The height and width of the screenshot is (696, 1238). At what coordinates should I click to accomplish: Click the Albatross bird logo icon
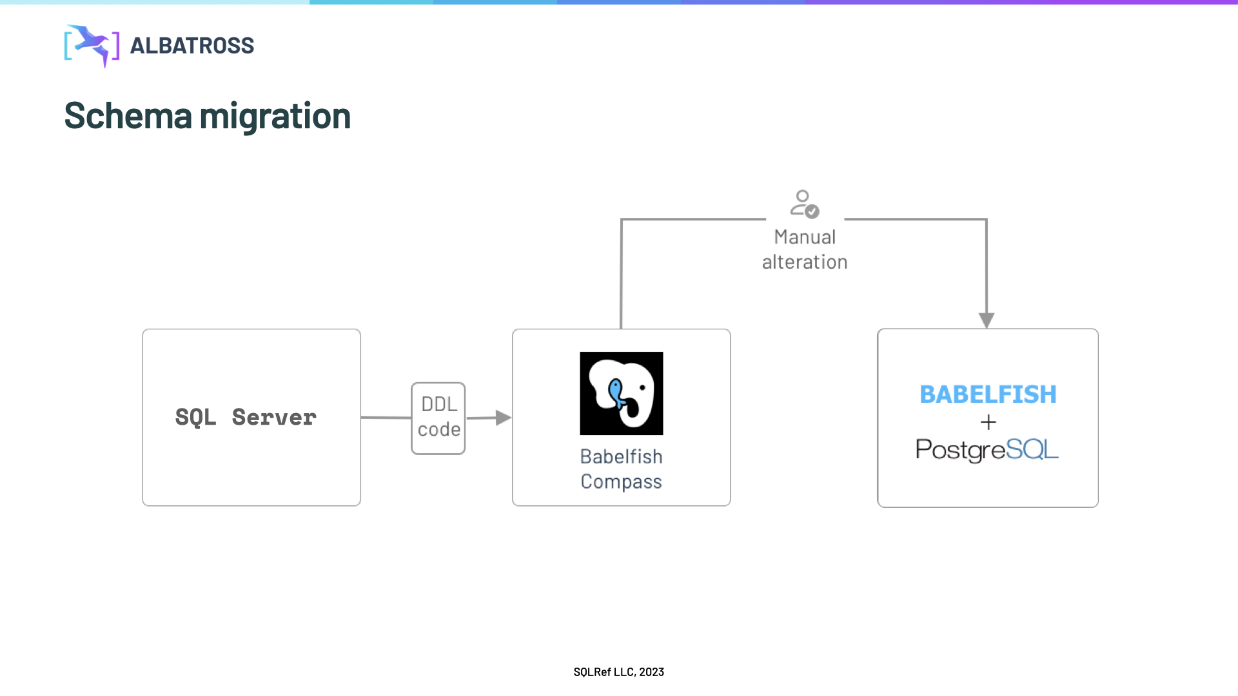coord(92,46)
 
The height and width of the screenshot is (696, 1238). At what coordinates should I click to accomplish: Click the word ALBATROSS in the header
coord(192,46)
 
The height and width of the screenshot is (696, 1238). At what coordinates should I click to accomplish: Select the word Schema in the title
coord(128,116)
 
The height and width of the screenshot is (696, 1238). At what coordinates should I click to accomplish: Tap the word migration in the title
coord(275,116)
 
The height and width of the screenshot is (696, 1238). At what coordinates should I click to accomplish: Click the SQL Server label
coord(246,418)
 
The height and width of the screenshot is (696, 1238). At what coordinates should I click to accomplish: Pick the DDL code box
coord(438,418)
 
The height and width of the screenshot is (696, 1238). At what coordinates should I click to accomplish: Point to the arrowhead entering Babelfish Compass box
coord(504,418)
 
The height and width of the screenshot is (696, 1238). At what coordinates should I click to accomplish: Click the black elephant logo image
coord(621,393)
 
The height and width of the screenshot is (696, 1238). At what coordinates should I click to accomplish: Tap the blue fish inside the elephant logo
coord(616,393)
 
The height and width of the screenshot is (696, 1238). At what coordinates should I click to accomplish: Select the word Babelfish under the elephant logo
coord(621,456)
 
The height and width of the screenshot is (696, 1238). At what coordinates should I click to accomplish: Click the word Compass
coord(621,481)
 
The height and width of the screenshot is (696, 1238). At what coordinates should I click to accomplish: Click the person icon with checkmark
coord(803,203)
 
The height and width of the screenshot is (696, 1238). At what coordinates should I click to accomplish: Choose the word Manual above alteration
coord(805,237)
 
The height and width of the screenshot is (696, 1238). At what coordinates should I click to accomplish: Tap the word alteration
coord(805,262)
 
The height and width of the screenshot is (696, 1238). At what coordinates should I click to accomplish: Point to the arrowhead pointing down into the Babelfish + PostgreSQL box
coord(987,320)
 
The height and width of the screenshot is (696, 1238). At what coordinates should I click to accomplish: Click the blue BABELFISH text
coord(988,394)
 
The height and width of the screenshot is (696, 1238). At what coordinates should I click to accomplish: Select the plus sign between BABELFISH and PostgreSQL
coord(988,422)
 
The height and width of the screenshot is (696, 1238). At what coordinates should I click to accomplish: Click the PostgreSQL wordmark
coord(987,449)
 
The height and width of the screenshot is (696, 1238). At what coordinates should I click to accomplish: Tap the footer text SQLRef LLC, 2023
coord(618,672)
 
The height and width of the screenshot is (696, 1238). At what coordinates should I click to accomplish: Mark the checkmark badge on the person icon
coord(812,211)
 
